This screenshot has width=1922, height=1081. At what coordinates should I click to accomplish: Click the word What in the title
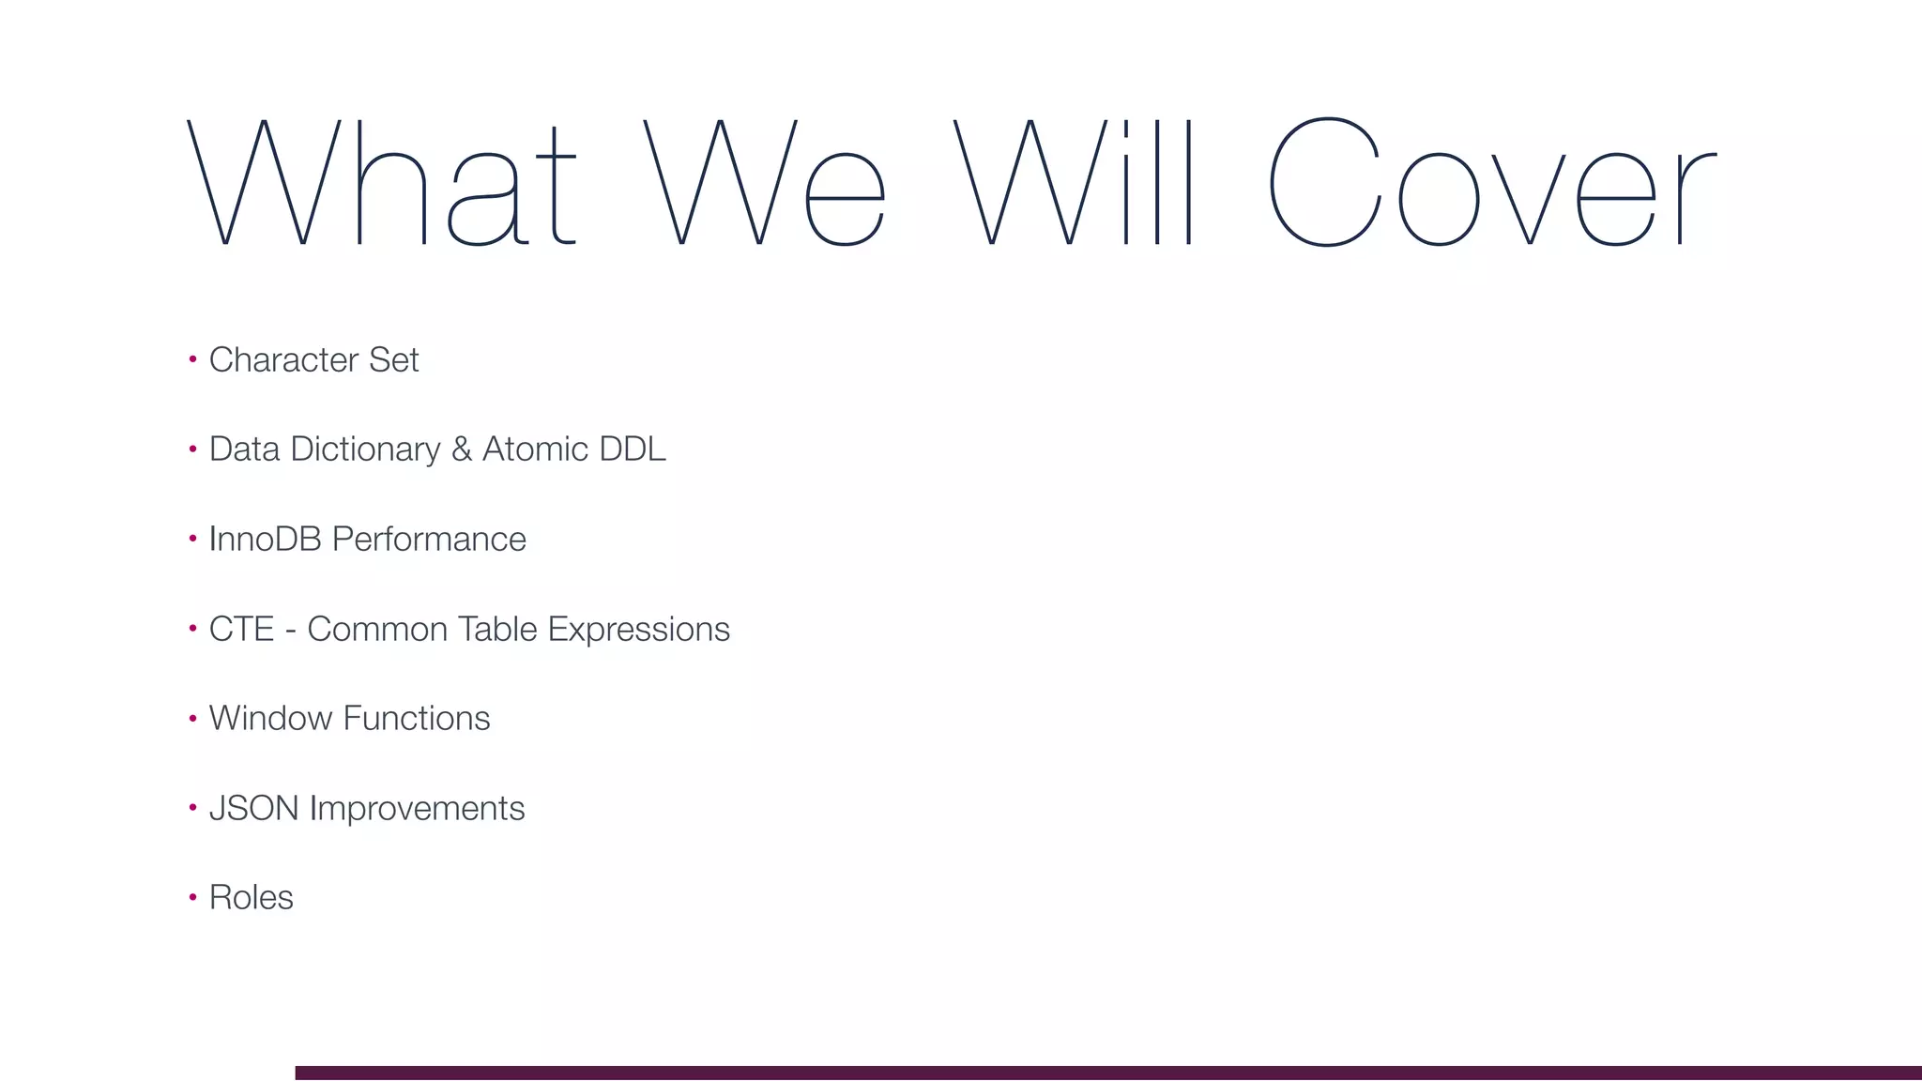(x=381, y=182)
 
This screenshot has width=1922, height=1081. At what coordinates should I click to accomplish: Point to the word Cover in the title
(x=1492, y=182)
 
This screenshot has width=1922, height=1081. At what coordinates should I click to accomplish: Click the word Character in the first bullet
(x=283, y=359)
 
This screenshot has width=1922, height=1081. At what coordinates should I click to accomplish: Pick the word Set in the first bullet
(x=393, y=359)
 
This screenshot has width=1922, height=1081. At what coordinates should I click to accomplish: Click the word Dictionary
(x=365, y=449)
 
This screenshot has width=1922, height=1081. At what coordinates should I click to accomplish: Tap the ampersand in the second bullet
(x=461, y=449)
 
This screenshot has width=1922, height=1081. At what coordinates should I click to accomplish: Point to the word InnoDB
(x=266, y=540)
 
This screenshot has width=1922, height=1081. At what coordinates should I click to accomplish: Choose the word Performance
(x=429, y=540)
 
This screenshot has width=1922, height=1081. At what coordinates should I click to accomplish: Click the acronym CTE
(x=241, y=629)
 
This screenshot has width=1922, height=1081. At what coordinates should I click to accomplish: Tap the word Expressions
(x=638, y=630)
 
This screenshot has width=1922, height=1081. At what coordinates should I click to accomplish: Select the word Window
(x=270, y=719)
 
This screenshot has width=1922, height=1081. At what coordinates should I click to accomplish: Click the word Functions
(x=416, y=719)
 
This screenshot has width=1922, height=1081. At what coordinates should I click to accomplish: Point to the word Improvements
(x=417, y=809)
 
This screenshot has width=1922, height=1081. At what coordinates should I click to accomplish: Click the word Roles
(x=251, y=898)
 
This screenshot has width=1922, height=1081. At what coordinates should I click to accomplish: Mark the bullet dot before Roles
(x=192, y=897)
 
